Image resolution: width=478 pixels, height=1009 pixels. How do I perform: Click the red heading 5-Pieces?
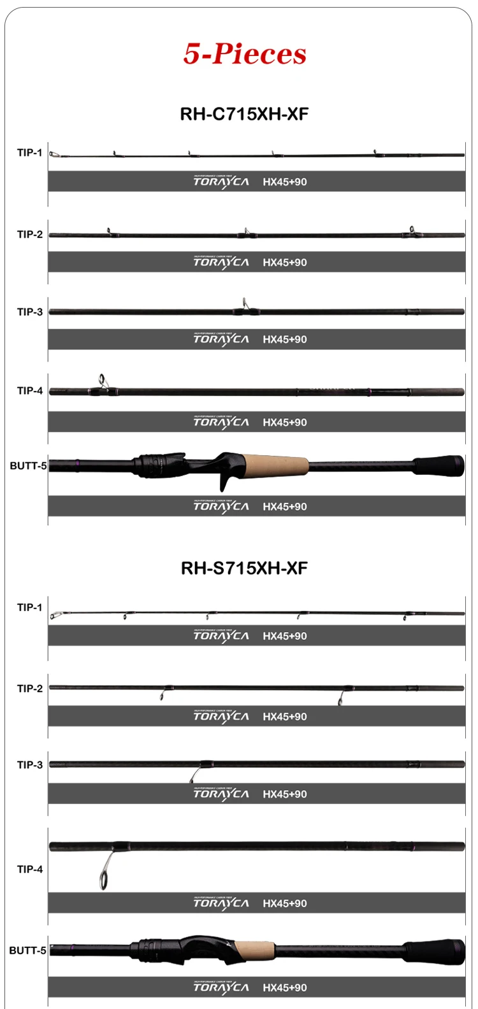[x=245, y=54]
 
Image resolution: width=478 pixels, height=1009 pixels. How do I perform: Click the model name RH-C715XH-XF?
[x=244, y=114]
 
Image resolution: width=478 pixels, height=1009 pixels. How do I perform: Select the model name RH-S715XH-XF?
[x=244, y=568]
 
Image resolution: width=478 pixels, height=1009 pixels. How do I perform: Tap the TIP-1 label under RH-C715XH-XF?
[x=29, y=153]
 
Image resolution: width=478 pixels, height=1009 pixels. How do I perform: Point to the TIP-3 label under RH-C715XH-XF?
[x=29, y=312]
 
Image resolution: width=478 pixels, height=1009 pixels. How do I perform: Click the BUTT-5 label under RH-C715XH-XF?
[x=28, y=466]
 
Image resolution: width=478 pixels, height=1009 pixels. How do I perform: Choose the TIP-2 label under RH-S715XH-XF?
[x=29, y=689]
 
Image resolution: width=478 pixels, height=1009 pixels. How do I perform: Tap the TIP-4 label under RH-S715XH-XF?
[x=29, y=870]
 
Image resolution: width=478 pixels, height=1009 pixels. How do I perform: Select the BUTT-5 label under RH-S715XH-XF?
[x=27, y=951]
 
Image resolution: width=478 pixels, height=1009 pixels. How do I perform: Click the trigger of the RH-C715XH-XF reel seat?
[x=224, y=482]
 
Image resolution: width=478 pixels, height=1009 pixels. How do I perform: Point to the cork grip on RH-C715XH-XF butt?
[x=275, y=465]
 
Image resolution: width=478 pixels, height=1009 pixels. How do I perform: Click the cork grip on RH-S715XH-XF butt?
[x=255, y=950]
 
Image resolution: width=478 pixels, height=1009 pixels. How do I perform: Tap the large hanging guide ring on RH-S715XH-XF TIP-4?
[x=103, y=881]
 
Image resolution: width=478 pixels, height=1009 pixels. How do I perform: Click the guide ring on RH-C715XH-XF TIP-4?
[x=102, y=381]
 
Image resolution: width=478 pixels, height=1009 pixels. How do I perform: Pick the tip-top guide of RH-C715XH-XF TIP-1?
[x=54, y=154]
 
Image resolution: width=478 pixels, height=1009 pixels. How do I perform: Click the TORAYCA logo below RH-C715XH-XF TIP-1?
[x=221, y=182]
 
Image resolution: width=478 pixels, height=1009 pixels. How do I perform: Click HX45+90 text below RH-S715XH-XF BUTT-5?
[x=285, y=987]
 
